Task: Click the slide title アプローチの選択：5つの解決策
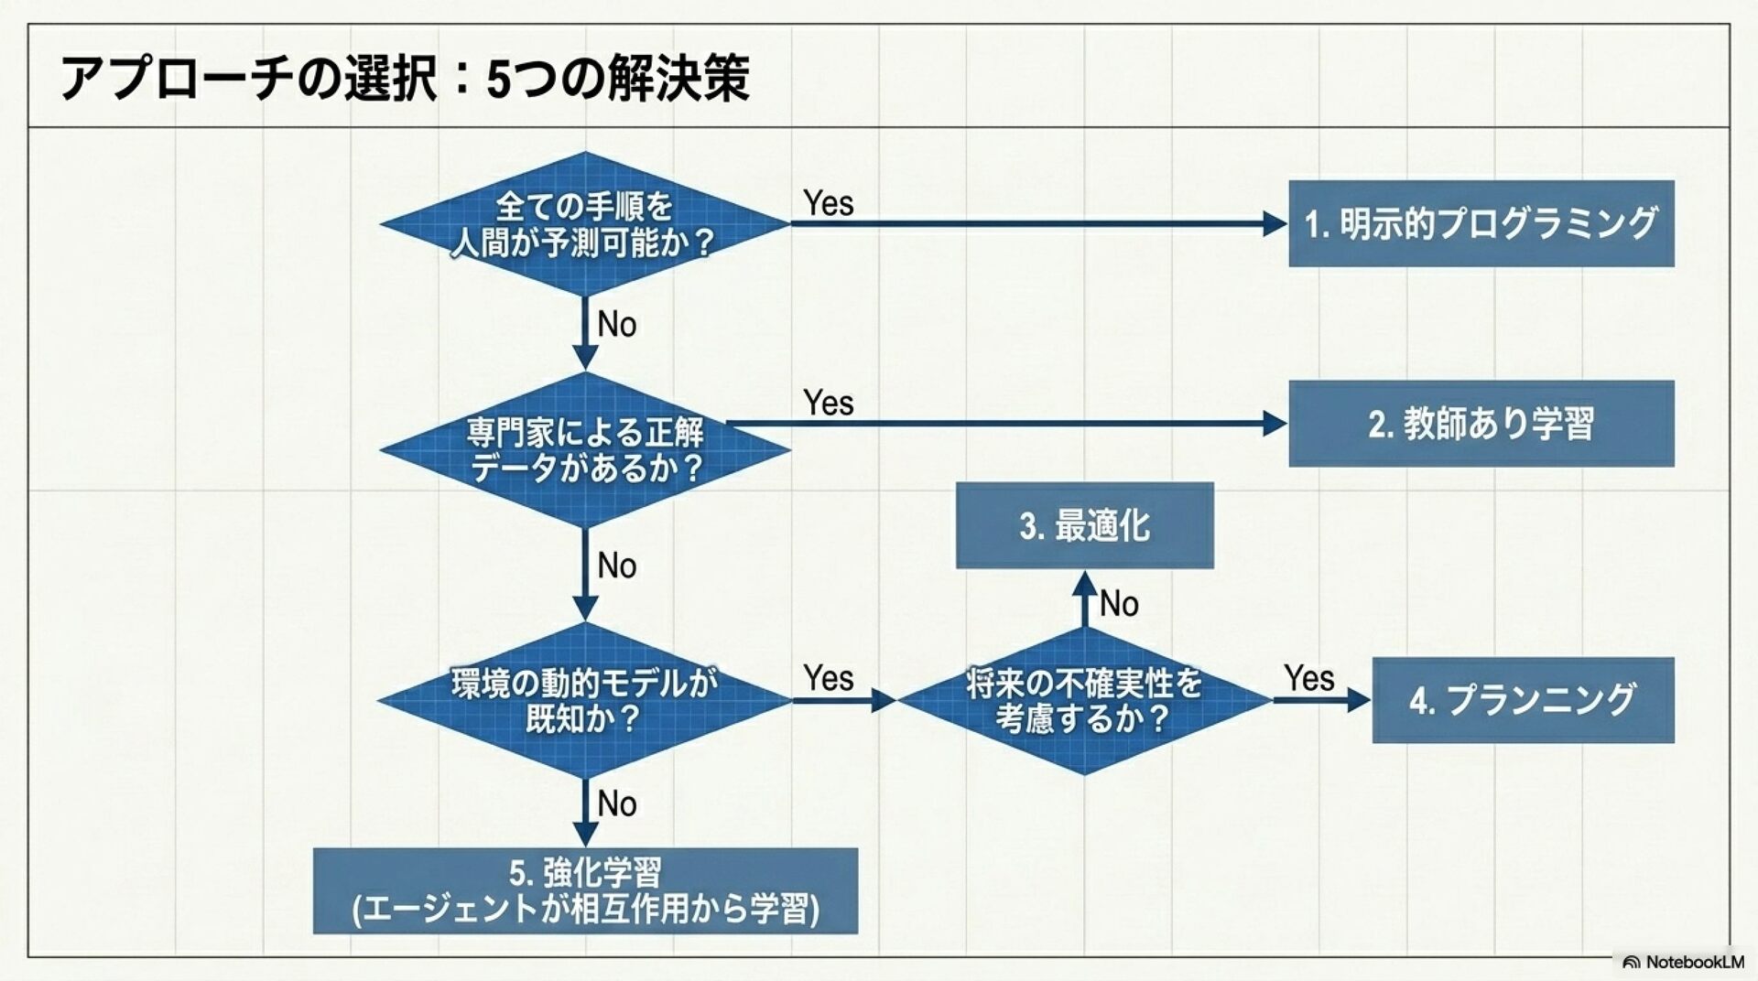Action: tap(406, 78)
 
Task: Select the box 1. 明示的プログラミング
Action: tap(1481, 223)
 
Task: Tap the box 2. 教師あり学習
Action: tap(1481, 424)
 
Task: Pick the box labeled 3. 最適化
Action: tap(1085, 525)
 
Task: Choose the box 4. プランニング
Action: tap(1523, 700)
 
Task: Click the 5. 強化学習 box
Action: tap(585, 890)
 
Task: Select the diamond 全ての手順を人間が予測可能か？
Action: tap(584, 223)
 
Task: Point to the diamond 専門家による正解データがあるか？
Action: tap(584, 449)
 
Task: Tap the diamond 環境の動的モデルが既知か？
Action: tap(584, 700)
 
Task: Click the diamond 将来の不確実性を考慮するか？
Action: tap(1084, 700)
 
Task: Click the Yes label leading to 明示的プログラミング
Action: tap(829, 203)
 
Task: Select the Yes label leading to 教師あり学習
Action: tap(829, 403)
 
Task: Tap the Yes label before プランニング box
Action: tap(1309, 678)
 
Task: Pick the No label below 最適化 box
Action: tap(1119, 604)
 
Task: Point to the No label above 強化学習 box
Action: tap(617, 804)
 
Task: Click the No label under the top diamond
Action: tap(617, 324)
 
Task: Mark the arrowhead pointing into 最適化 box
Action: tap(1084, 584)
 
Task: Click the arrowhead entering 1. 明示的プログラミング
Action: tap(1275, 223)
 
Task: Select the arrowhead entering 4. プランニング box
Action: tap(1359, 700)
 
